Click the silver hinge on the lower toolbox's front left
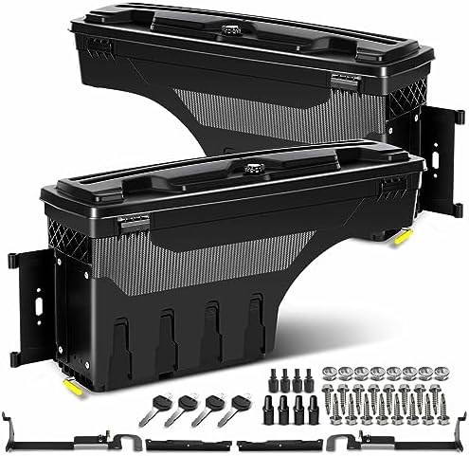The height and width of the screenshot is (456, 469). tap(123, 225)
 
